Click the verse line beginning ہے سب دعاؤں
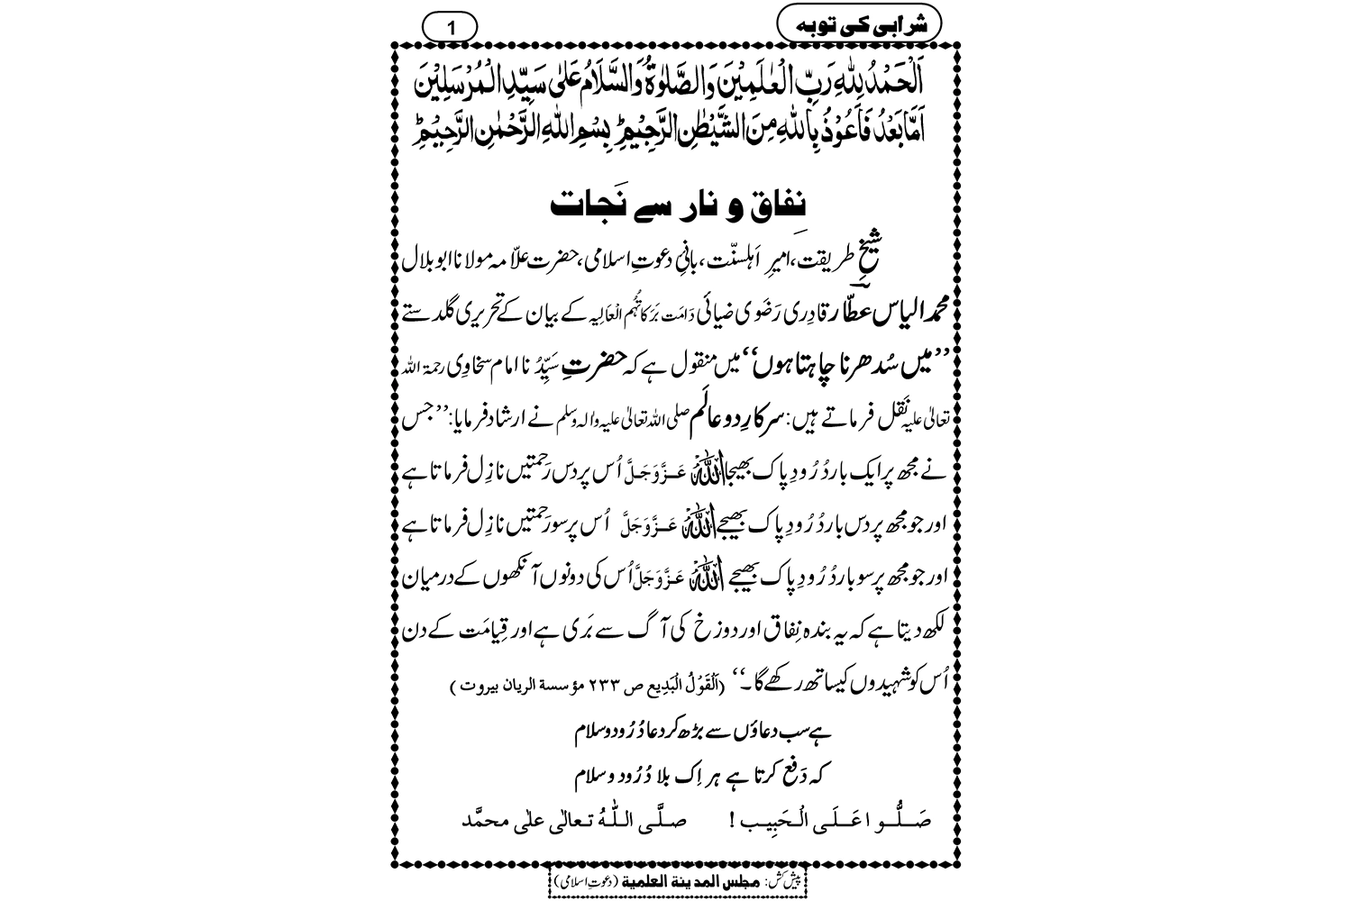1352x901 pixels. tap(677, 731)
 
